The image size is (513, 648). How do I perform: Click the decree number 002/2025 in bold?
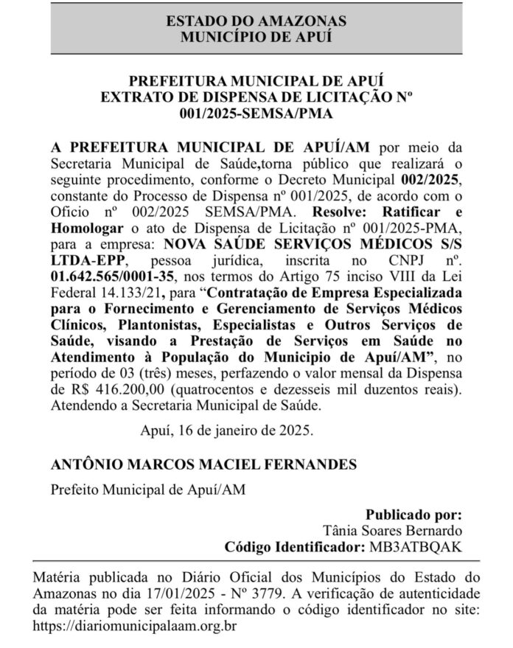(x=433, y=180)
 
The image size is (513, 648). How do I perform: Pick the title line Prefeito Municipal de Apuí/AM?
(x=147, y=489)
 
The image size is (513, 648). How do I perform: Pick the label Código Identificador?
(x=293, y=547)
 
